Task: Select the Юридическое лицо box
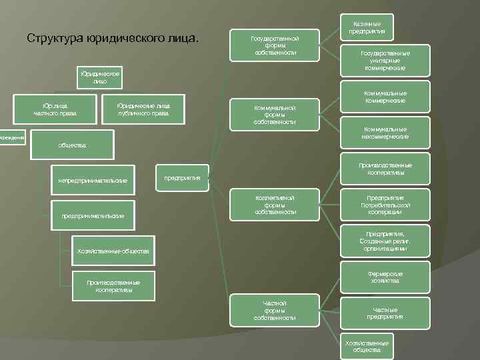[x=100, y=77]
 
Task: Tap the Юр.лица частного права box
[x=56, y=109]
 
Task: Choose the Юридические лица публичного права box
[x=143, y=109]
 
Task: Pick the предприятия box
[x=182, y=178]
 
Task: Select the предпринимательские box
[x=93, y=215]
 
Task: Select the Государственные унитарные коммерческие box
[x=385, y=60]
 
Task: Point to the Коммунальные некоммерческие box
[x=385, y=133]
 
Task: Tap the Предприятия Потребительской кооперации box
[x=385, y=205]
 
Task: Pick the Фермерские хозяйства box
[x=385, y=277]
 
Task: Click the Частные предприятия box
[x=385, y=313]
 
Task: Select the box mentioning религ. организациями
[x=385, y=241]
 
